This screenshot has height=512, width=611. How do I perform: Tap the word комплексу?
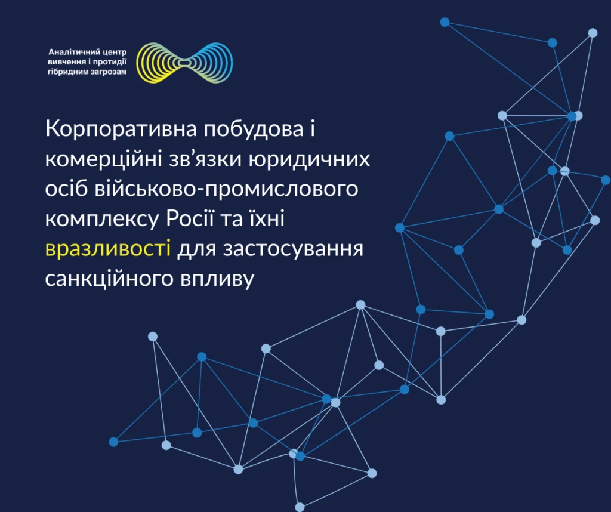pyautogui.click(x=102, y=220)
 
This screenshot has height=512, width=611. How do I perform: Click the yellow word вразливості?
pyautogui.click(x=108, y=248)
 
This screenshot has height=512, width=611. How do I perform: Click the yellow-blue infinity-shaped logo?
pyautogui.click(x=184, y=63)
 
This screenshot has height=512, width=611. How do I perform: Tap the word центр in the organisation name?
pyautogui.click(x=113, y=53)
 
